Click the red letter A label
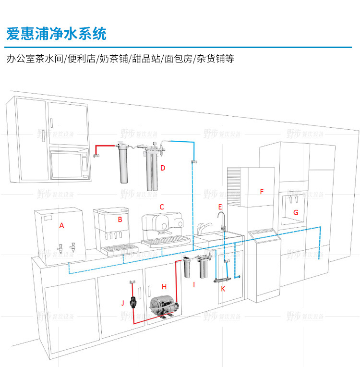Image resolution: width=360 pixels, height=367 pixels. click(61, 225)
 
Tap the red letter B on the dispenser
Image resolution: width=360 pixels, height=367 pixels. click(120, 220)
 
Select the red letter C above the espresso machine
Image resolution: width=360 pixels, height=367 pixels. click(162, 207)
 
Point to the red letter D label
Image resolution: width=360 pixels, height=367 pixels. click(163, 168)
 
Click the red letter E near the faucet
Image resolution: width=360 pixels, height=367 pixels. click(220, 207)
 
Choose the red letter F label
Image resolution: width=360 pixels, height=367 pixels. click(262, 192)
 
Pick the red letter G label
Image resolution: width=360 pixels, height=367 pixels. click(296, 212)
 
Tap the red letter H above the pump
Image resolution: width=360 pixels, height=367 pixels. click(164, 287)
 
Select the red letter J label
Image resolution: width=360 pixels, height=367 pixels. click(123, 302)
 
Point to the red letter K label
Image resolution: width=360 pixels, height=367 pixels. click(223, 288)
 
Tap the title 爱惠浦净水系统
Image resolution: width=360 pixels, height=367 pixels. click(56, 34)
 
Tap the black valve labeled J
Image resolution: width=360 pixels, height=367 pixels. click(135, 302)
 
